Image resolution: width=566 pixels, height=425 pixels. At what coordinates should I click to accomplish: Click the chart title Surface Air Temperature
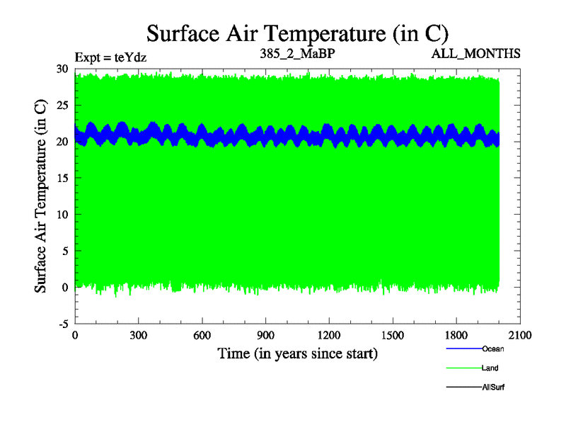point(297,33)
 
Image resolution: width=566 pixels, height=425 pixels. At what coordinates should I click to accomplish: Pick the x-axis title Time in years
point(297,353)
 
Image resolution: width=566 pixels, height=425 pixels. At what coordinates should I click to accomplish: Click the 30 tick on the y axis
point(62,69)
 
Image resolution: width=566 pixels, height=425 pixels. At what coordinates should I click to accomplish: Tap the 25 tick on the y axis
point(62,105)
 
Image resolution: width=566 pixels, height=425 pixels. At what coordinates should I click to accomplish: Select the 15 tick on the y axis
point(62,178)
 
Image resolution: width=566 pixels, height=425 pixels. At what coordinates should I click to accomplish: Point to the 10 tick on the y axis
point(62,215)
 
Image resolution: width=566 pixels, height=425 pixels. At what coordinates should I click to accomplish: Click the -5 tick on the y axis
point(62,324)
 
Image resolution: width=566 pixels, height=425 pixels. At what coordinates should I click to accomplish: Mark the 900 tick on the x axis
point(265,335)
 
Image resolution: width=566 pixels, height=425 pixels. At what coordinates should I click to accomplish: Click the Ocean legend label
point(492,348)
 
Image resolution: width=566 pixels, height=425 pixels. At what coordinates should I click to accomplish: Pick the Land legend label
point(490,368)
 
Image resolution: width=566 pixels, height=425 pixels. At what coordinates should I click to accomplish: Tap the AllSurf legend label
point(493,387)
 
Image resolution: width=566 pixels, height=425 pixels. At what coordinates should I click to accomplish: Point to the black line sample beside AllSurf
point(463,387)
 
